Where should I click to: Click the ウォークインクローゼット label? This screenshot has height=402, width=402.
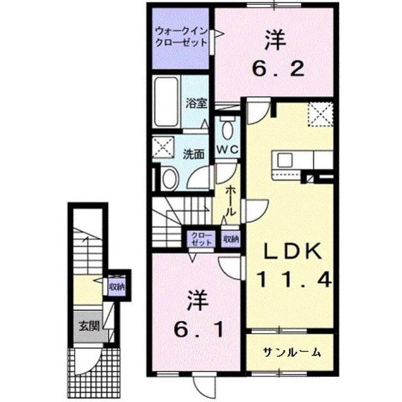tap(181, 37)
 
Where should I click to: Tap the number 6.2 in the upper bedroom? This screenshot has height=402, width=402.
tap(278, 68)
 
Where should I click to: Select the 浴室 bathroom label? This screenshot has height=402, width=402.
tap(197, 103)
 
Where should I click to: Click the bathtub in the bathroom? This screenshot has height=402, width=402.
tap(166, 102)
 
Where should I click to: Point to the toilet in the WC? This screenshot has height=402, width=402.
tap(227, 128)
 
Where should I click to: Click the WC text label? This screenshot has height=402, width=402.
tap(227, 149)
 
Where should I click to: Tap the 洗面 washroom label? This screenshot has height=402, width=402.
tap(193, 155)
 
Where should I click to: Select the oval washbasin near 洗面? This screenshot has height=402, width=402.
tap(170, 178)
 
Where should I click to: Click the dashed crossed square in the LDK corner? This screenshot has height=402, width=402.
tap(320, 114)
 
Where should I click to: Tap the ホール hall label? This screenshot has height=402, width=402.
tap(231, 201)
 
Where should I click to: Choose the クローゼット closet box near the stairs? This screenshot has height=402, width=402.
tap(201, 239)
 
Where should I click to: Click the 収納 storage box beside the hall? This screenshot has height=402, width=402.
tap(231, 239)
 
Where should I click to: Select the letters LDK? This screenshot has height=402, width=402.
tap(293, 251)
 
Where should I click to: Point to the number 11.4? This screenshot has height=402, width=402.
tap(295, 280)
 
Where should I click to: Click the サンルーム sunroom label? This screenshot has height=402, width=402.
tap(292, 353)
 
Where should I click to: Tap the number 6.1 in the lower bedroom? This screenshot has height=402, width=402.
tap(198, 330)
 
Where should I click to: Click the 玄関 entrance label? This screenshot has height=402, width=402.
tap(89, 325)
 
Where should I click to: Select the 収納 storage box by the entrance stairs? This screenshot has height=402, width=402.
tap(117, 287)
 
